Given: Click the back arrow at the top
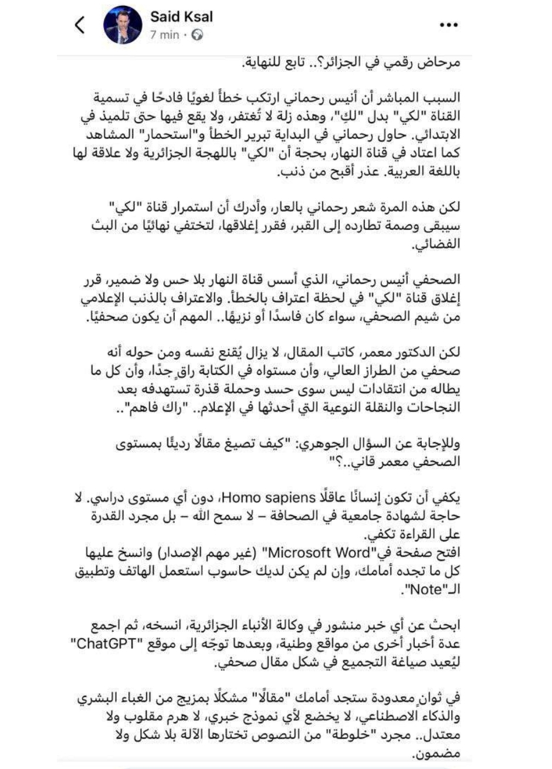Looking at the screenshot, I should (x=80, y=25).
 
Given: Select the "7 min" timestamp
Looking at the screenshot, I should (x=165, y=35).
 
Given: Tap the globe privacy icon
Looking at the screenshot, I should (x=197, y=35).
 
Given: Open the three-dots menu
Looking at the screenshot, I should (x=448, y=26).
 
